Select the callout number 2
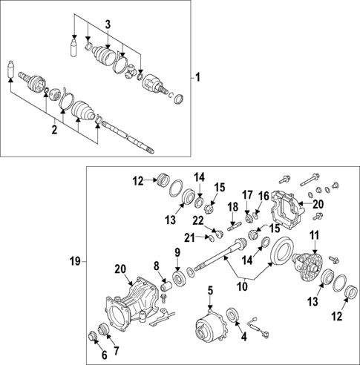tap(54, 131)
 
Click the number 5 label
tap(210, 290)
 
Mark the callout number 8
tap(157, 265)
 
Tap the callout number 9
tap(177, 253)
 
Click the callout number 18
tap(232, 208)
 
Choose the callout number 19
tap(74, 261)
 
